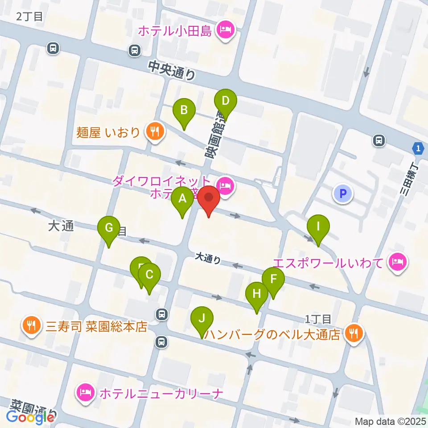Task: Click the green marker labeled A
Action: click(x=182, y=199)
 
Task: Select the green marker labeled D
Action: click(x=226, y=101)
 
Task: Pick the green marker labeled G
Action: click(x=109, y=227)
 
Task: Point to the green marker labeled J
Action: click(x=202, y=319)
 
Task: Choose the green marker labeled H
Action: click(x=257, y=294)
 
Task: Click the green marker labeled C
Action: click(x=149, y=276)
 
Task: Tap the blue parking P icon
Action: click(x=342, y=193)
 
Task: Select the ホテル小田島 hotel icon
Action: click(x=224, y=31)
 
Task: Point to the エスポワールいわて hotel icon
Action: click(x=397, y=262)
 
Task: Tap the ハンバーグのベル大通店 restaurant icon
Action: click(x=354, y=333)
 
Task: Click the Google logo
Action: click(x=30, y=417)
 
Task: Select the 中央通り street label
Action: click(x=172, y=70)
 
